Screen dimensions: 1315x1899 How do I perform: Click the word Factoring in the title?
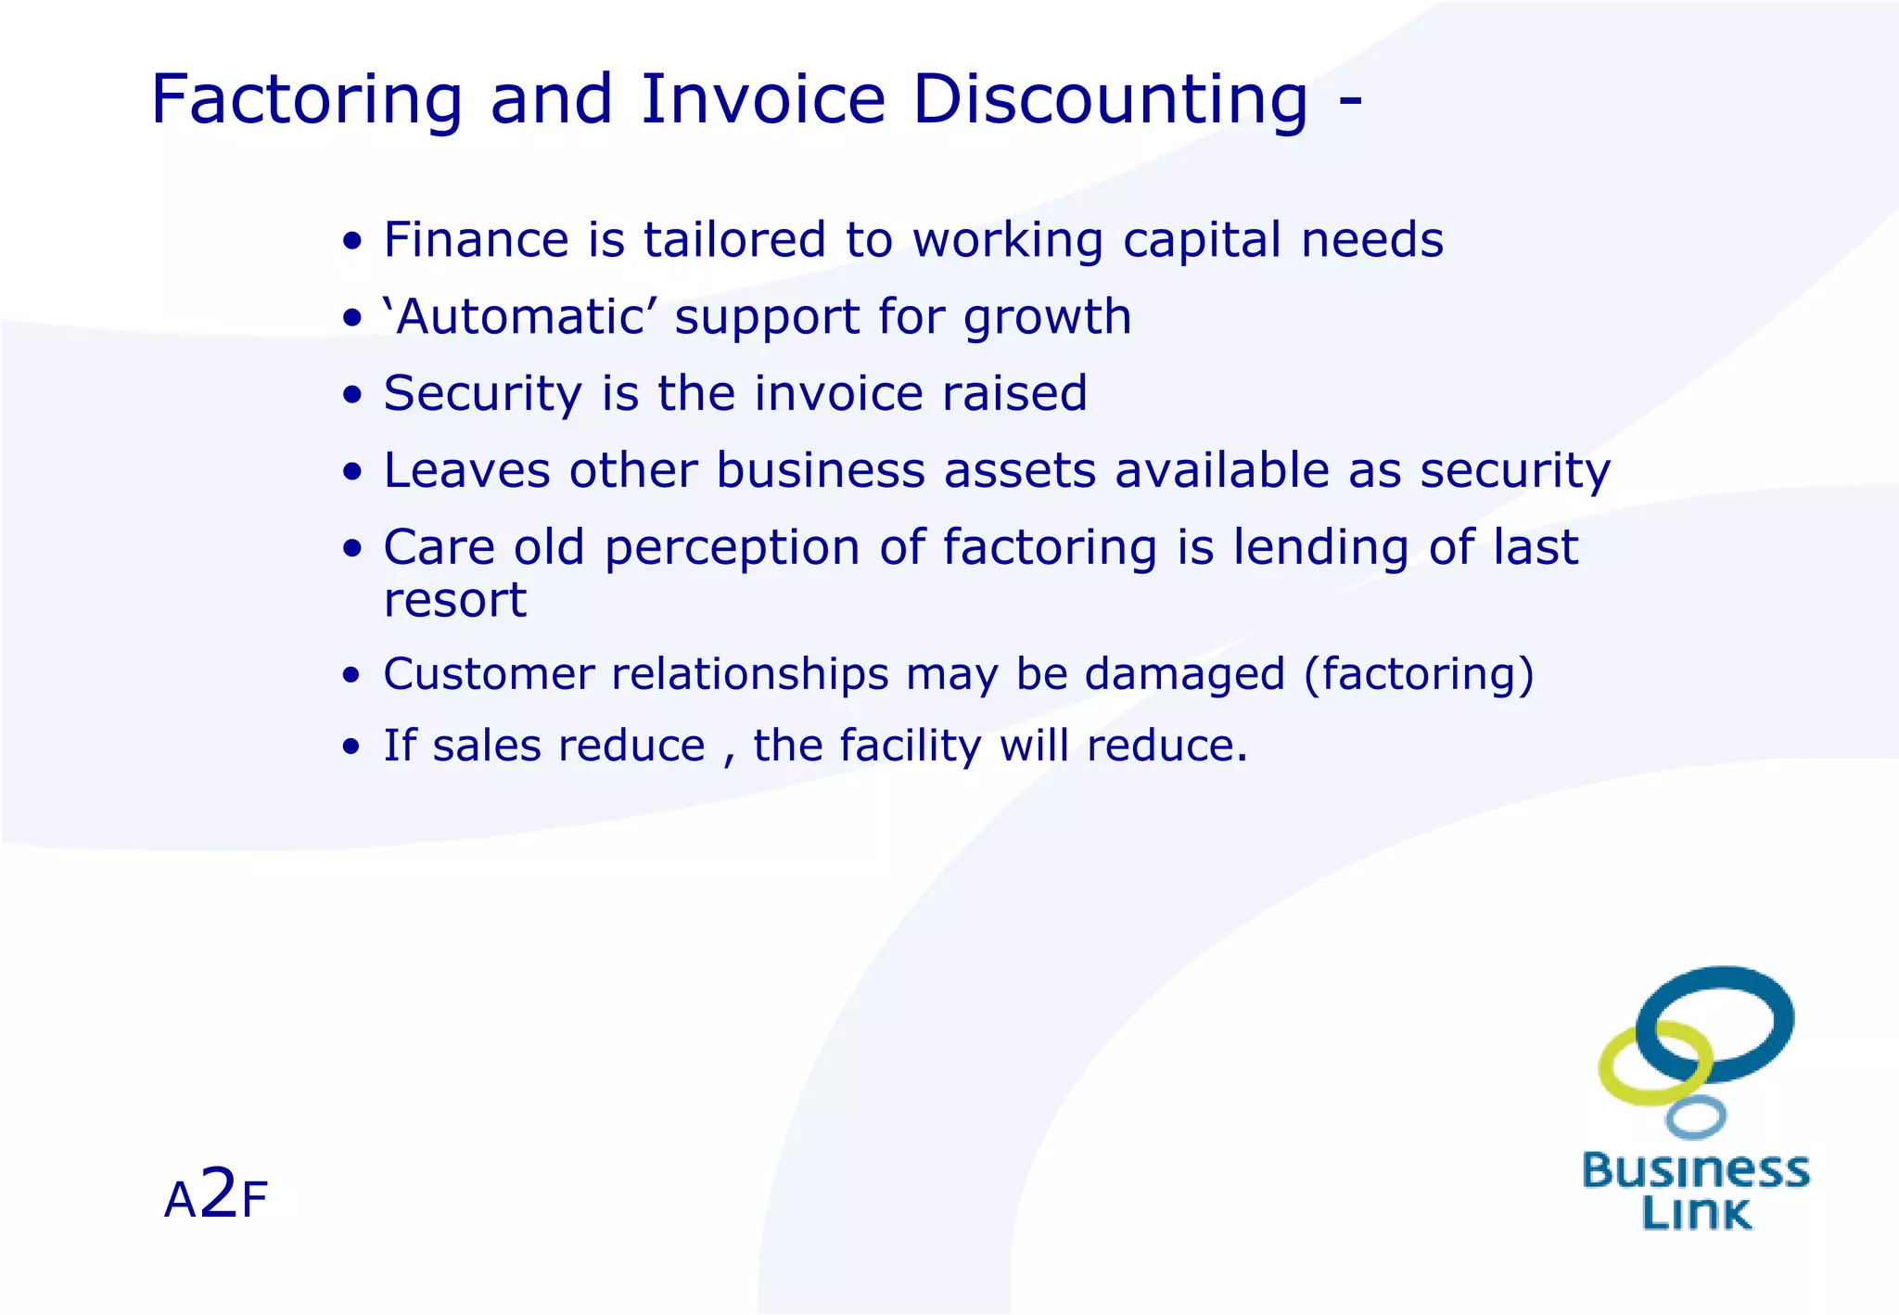tap(306, 100)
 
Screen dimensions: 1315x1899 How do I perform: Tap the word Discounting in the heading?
tap(1110, 100)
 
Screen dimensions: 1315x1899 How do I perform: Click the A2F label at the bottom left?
tap(215, 1196)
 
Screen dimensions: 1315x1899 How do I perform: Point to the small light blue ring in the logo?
tap(1695, 1117)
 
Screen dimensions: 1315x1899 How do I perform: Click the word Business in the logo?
tap(1695, 1170)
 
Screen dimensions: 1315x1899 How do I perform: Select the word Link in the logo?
tap(1695, 1213)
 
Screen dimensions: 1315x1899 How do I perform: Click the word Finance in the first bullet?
tap(476, 240)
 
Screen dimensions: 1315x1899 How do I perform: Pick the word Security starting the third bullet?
tap(482, 394)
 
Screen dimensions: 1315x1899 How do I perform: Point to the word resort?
tap(454, 601)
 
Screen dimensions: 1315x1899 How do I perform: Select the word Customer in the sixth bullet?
tap(488, 674)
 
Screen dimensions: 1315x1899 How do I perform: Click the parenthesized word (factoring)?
tap(1419, 674)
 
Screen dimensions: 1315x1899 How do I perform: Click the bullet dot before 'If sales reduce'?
tap(350, 747)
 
